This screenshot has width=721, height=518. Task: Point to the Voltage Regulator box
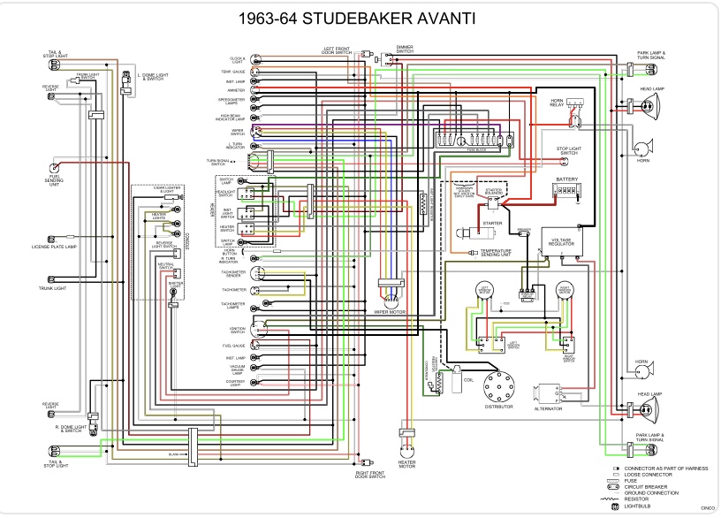coord(561,241)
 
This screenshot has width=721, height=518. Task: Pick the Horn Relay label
coord(558,103)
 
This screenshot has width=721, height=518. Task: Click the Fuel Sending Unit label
coord(54,182)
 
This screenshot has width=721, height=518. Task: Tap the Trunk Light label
coord(54,288)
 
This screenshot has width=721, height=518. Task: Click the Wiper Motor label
coord(388,311)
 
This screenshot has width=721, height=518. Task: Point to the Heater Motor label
coord(406,464)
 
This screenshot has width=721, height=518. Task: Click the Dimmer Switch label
coord(405,49)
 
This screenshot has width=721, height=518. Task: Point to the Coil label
coord(468,382)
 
